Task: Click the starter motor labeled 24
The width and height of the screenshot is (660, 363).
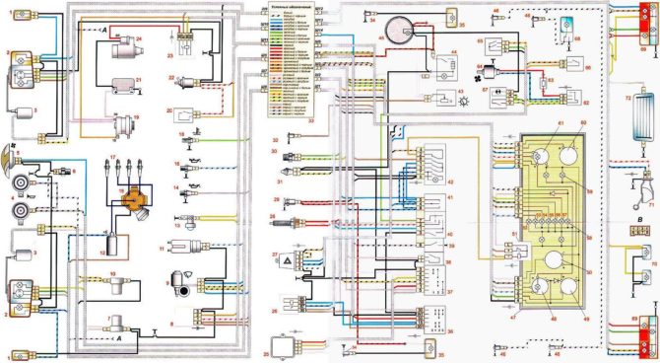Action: [124, 45]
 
